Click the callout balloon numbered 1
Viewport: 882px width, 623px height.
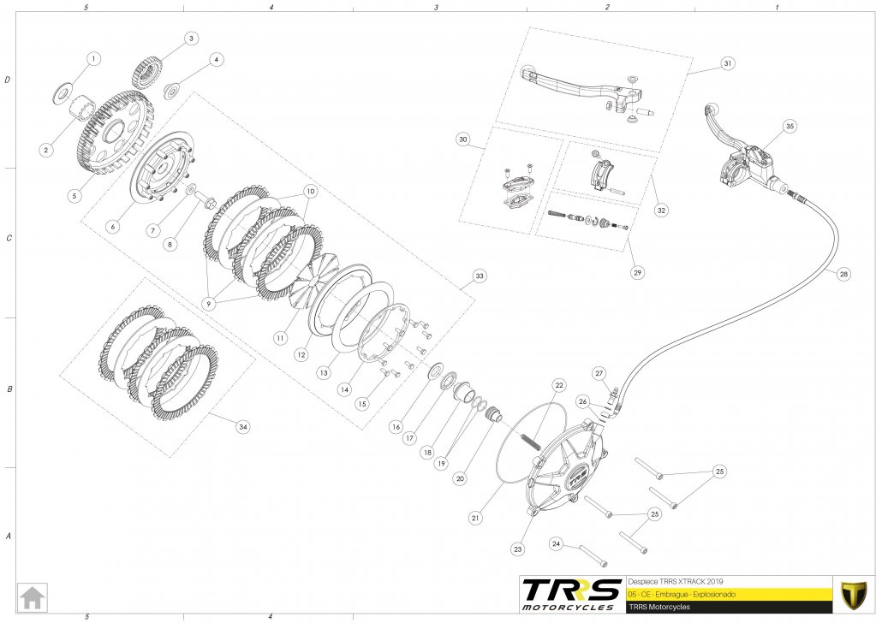click(x=93, y=59)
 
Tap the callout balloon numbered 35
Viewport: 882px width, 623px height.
click(x=790, y=126)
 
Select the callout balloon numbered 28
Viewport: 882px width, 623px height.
click(x=844, y=275)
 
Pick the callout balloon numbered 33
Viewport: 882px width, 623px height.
click(x=480, y=276)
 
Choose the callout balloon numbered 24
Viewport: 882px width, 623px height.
click(x=556, y=543)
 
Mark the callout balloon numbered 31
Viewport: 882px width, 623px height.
click(x=727, y=63)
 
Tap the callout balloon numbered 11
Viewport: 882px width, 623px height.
click(x=280, y=338)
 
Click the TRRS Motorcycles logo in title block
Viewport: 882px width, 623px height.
click(x=571, y=592)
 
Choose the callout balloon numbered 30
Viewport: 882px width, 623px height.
click(x=463, y=139)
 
